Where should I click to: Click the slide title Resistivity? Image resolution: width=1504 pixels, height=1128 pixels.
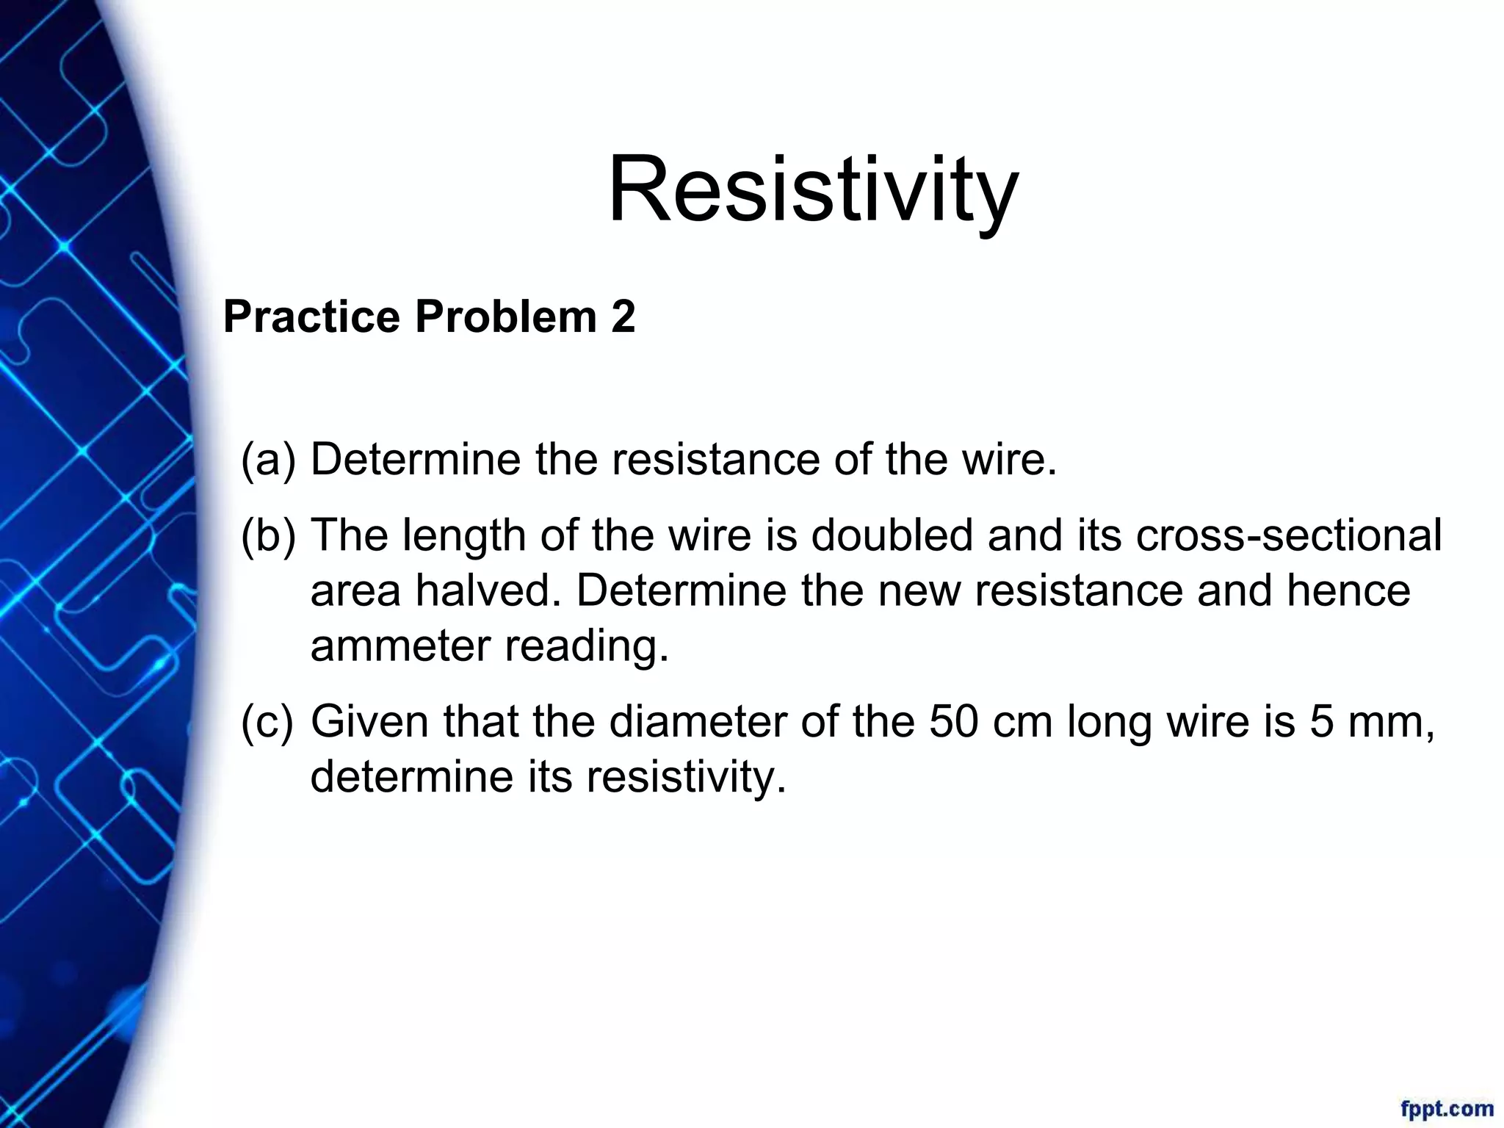point(813,189)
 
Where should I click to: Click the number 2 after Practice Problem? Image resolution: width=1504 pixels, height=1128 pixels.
point(622,317)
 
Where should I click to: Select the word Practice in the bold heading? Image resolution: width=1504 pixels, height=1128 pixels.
point(311,317)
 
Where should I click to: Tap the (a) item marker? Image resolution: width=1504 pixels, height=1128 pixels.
point(268,460)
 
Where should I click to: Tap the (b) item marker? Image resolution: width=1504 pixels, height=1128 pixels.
point(268,535)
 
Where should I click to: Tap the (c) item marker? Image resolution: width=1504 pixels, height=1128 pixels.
point(267,721)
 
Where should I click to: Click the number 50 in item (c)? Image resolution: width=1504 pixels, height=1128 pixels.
point(953,721)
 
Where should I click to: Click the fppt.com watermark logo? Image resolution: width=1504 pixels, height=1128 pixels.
point(1446,1108)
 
